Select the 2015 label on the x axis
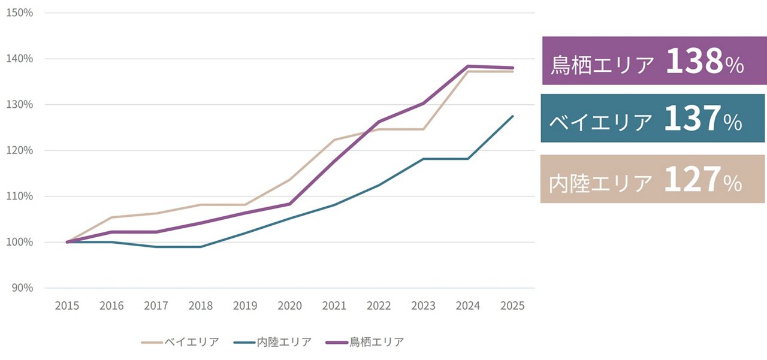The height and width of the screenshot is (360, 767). tap(67, 306)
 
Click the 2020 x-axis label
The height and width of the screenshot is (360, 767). tap(289, 306)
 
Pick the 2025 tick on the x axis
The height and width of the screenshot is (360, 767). tap(512, 306)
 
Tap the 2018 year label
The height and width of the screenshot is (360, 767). tap(200, 306)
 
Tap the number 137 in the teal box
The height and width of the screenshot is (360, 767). tap(691, 119)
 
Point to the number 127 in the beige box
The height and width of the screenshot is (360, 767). tap(691, 179)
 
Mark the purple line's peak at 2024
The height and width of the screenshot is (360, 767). tap(467, 66)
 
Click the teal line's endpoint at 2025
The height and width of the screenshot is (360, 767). tap(512, 116)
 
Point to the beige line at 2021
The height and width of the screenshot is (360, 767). tap(334, 140)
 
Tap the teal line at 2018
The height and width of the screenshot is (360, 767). tap(200, 247)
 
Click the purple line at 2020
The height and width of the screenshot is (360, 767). tap(289, 204)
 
